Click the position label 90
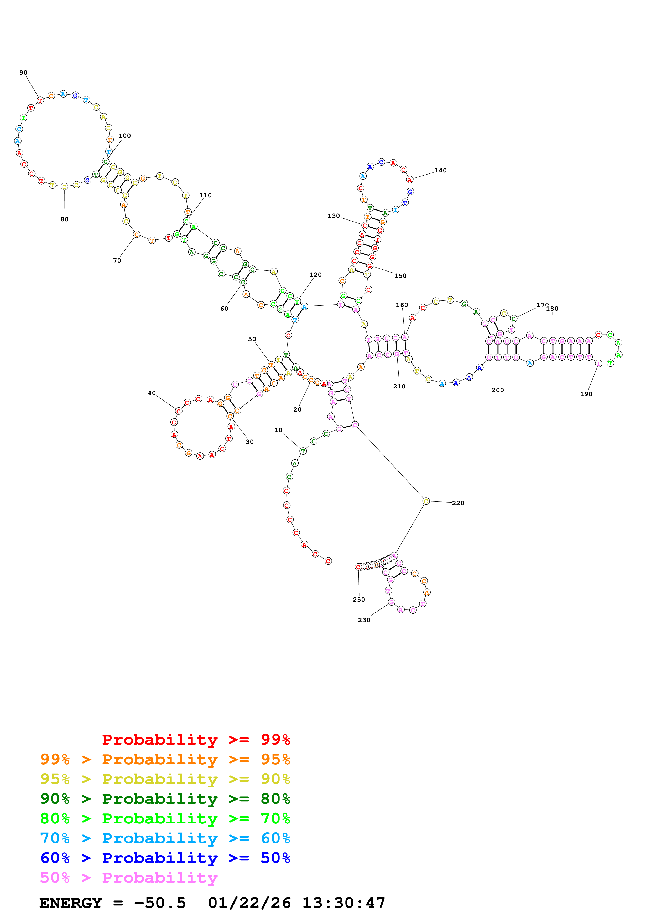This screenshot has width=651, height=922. pyautogui.click(x=23, y=73)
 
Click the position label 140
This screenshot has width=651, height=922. pyautogui.click(x=440, y=170)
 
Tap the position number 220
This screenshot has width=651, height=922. pyautogui.click(x=458, y=503)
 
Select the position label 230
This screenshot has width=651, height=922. pyautogui.click(x=364, y=620)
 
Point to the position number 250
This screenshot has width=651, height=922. pyautogui.click(x=359, y=600)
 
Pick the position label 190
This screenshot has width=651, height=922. pyautogui.click(x=586, y=394)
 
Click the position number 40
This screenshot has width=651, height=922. pyautogui.click(x=152, y=393)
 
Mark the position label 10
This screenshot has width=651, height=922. pyautogui.click(x=278, y=430)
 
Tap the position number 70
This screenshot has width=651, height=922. pyautogui.click(x=117, y=261)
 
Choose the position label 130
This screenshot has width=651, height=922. pyautogui.click(x=333, y=216)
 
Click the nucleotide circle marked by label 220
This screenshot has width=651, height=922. pyautogui.click(x=426, y=501)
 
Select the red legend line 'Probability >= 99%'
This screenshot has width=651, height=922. pyautogui.click(x=196, y=740)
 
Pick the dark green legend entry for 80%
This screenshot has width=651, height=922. pyautogui.click(x=165, y=799)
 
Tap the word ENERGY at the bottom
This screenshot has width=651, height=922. pyautogui.click(x=71, y=903)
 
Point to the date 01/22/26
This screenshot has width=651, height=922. pyautogui.click(x=249, y=903)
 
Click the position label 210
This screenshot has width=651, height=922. pyautogui.click(x=399, y=386)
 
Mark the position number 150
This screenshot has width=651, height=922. pyautogui.click(x=400, y=276)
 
